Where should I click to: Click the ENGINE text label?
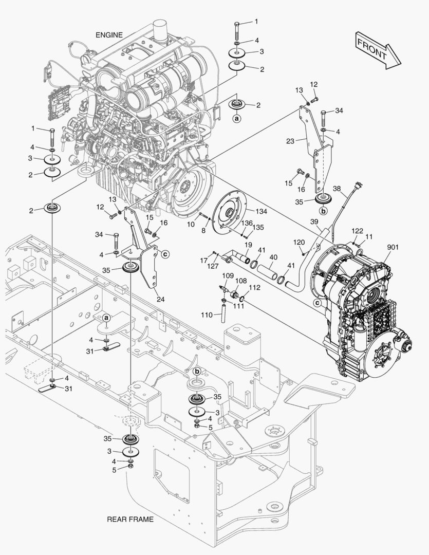[x=109, y=35]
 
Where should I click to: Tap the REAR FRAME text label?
[x=130, y=519]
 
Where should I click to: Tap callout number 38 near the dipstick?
[x=337, y=188]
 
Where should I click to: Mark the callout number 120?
[x=299, y=242]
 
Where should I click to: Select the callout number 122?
[x=358, y=232]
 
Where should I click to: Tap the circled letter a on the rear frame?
[x=106, y=318]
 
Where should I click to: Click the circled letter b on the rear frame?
[x=197, y=372]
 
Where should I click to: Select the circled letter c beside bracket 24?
[x=165, y=253]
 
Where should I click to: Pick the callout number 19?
[x=247, y=245]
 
